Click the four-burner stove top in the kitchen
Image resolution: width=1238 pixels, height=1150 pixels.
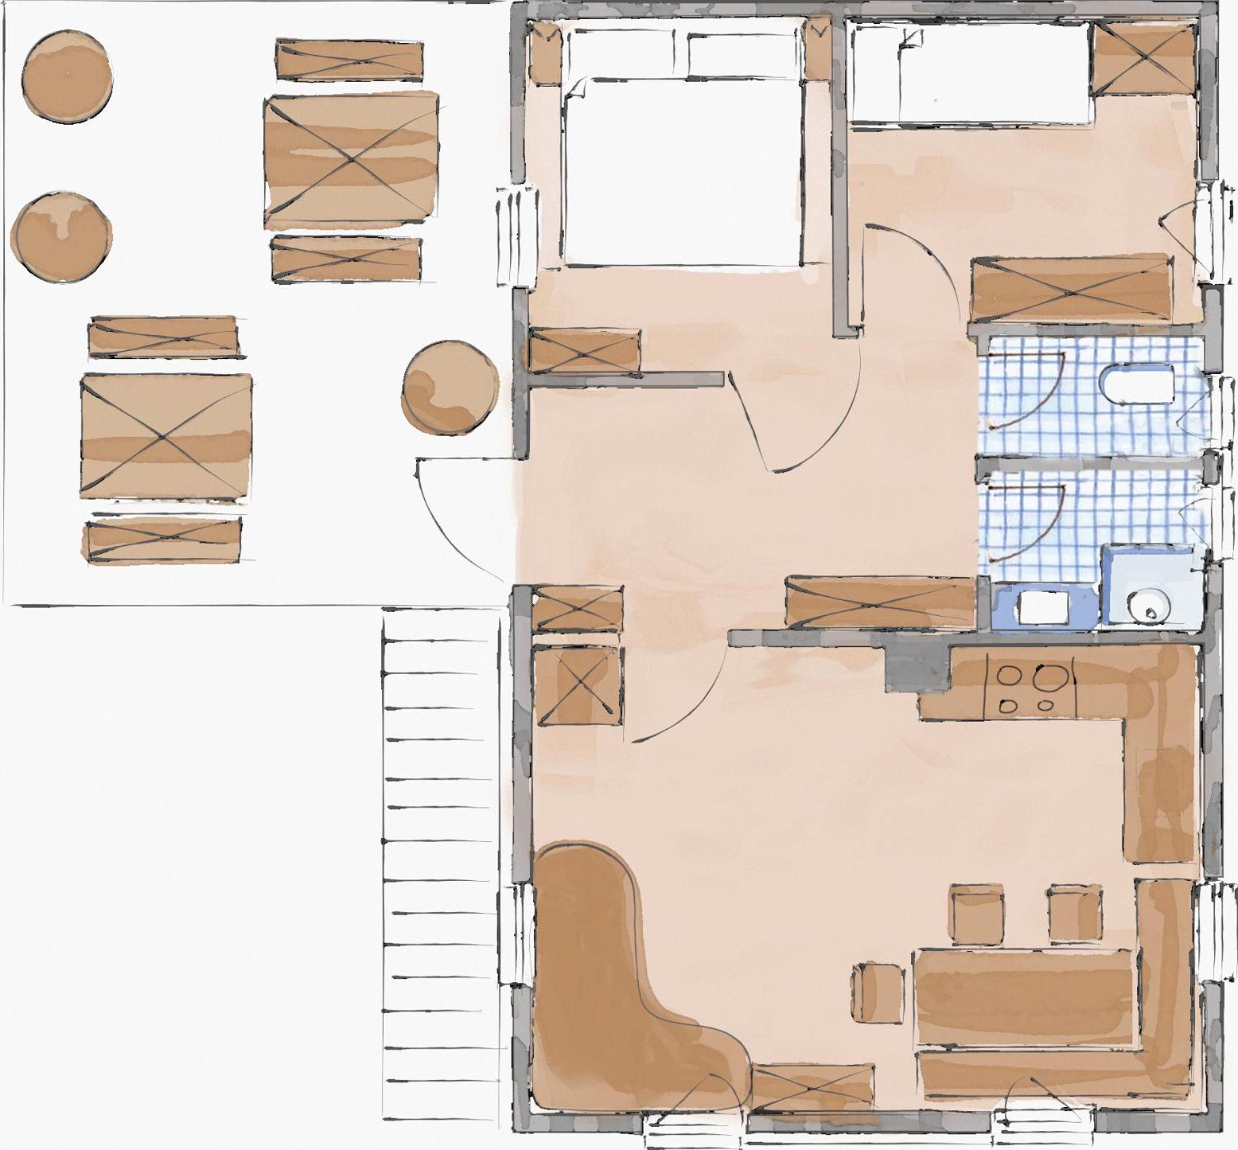1030,689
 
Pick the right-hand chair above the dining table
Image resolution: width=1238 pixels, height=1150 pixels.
1075,914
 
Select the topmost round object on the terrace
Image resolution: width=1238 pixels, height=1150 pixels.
67,76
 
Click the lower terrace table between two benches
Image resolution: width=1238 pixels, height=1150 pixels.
166,436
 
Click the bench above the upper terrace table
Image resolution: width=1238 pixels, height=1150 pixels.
349,61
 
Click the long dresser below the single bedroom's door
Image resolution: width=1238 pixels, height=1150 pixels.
1070,289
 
